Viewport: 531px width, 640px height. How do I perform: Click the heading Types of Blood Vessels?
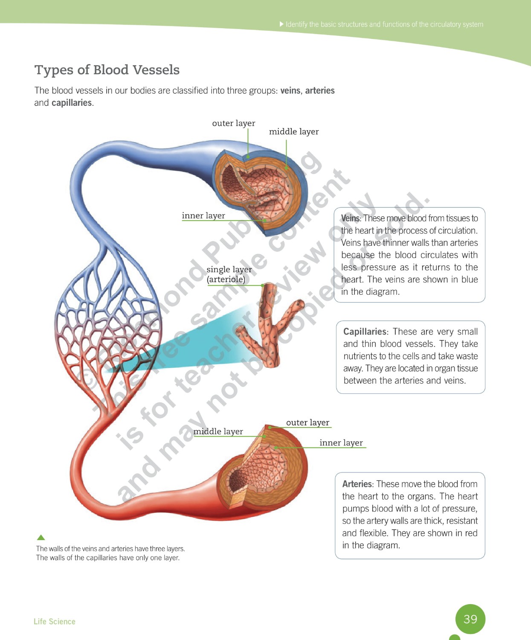coord(107,70)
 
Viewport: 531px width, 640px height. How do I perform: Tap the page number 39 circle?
coord(470,619)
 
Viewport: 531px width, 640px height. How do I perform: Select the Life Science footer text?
coord(55,622)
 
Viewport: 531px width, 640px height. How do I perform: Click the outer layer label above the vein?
coord(234,123)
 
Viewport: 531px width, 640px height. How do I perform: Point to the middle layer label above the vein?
coord(294,132)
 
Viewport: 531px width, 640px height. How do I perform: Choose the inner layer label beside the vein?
coord(203,216)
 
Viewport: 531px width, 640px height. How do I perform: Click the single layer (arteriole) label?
coord(229,274)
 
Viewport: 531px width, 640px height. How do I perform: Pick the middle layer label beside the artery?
coord(218,432)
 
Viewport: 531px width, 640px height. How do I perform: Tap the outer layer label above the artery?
coord(308,423)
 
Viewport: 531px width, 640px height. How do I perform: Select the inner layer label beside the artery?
coord(341,443)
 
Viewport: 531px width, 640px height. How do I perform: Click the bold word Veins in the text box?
coord(351,218)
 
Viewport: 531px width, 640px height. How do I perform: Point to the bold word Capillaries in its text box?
coord(365,332)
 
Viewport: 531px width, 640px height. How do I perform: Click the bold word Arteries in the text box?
coord(357,484)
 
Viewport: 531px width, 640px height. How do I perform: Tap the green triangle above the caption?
coord(41,538)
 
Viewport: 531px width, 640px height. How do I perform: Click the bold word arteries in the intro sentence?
coord(320,91)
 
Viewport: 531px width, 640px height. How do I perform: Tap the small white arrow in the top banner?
coord(281,24)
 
